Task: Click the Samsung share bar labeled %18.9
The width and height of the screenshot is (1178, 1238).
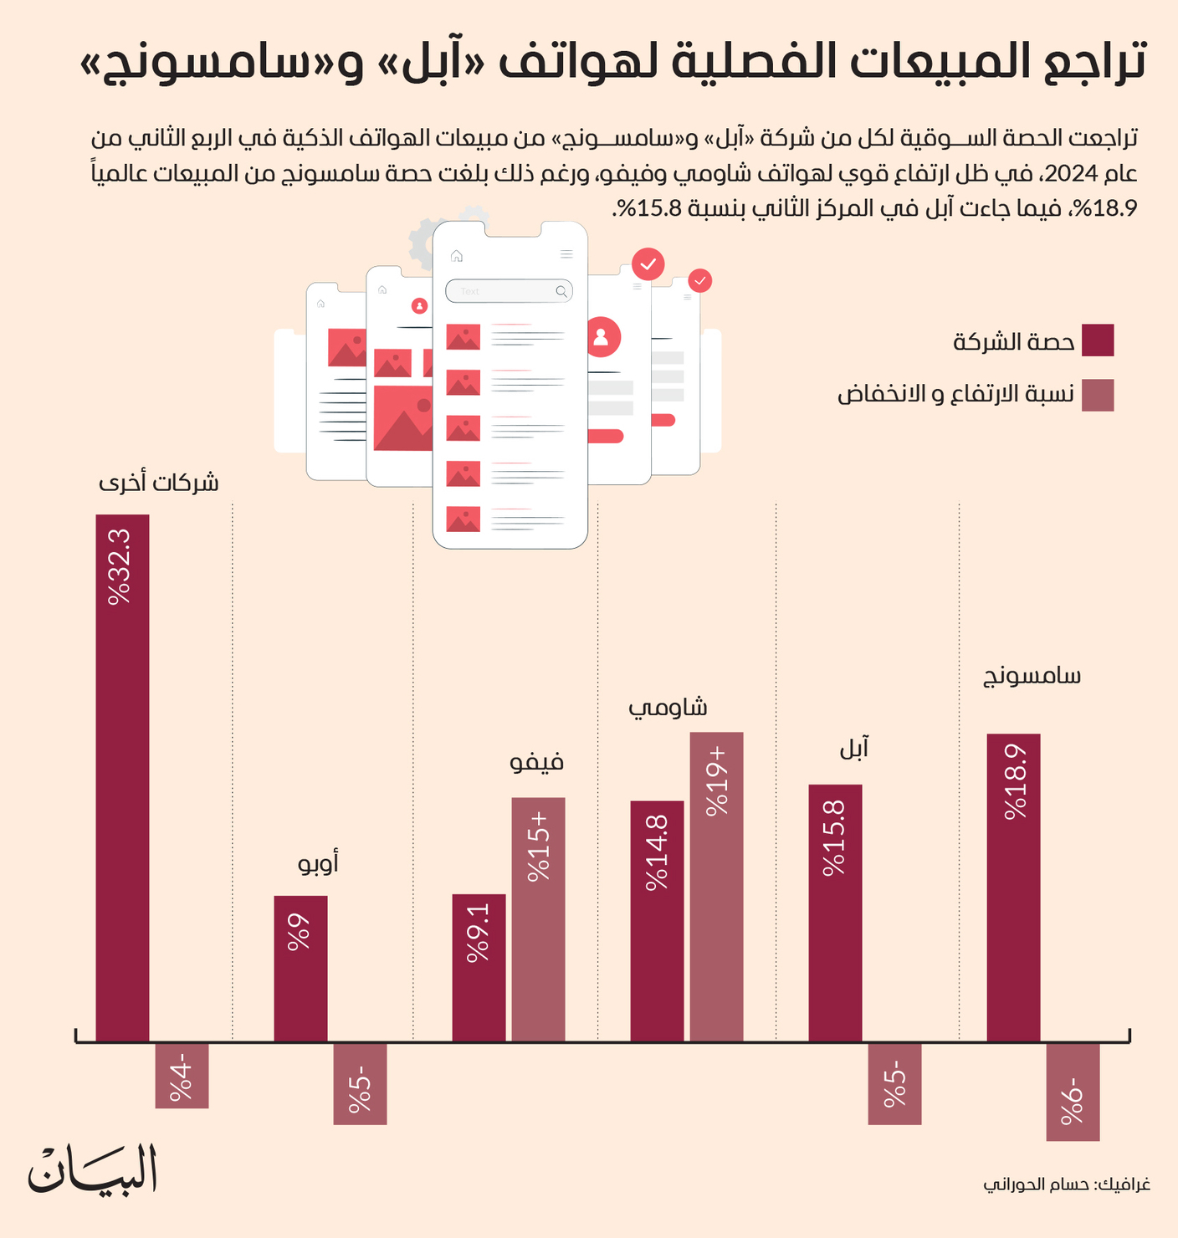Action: tap(1013, 887)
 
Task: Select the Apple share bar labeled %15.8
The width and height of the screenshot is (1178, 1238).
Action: tap(835, 912)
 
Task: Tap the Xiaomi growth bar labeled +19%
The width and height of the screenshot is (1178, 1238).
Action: tap(716, 887)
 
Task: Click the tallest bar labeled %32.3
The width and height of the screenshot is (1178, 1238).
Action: tap(122, 778)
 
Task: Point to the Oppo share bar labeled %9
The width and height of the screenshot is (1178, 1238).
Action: tap(300, 969)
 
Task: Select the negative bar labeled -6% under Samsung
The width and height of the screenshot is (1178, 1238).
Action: tap(1073, 1092)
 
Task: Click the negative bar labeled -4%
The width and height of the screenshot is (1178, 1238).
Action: tap(182, 1076)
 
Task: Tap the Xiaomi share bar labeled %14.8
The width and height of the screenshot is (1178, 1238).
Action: tap(657, 920)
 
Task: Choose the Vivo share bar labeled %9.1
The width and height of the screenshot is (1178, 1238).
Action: tap(479, 967)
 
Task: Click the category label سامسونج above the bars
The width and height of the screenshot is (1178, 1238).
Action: tap(1032, 676)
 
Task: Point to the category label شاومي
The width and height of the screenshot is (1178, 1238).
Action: tap(668, 708)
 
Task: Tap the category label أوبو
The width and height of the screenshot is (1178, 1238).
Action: tap(319, 862)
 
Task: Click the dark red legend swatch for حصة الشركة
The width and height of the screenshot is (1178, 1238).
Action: tap(1097, 340)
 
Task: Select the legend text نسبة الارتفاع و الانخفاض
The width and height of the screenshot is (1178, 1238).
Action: tap(955, 394)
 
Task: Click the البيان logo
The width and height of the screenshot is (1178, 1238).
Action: tap(93, 1169)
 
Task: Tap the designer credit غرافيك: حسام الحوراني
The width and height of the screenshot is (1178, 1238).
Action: tap(1066, 1184)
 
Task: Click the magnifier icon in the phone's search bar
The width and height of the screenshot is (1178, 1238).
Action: tap(561, 291)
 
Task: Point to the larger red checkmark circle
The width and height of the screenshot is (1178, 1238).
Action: tap(648, 264)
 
